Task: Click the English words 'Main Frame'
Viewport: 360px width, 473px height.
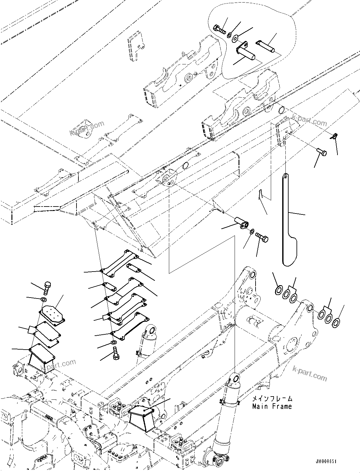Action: click(x=272, y=406)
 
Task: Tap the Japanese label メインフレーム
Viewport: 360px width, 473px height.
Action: click(x=272, y=399)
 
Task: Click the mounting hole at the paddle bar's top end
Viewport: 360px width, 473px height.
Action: click(x=286, y=176)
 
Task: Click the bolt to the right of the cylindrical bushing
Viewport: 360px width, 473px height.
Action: click(x=262, y=237)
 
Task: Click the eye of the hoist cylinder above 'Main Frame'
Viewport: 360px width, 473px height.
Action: click(x=234, y=378)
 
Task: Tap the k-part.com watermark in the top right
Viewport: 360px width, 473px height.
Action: click(x=309, y=120)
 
